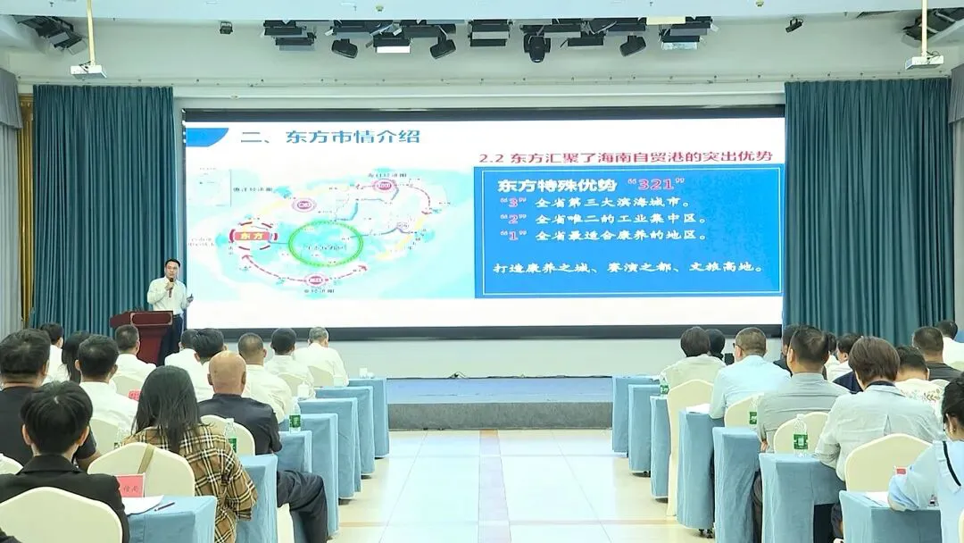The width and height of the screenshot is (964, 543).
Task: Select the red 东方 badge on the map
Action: tap(253, 235)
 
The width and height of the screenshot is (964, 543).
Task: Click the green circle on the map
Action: tap(325, 244)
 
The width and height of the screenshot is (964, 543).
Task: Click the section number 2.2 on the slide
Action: tap(492, 157)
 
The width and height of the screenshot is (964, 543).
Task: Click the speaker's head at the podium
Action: tap(171, 268)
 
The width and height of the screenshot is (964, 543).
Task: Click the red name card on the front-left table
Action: tap(130, 485)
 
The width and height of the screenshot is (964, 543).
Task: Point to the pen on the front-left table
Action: tap(163, 506)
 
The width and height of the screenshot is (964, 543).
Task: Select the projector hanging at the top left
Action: tap(87, 71)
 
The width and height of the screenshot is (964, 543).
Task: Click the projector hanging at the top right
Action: tap(924, 61)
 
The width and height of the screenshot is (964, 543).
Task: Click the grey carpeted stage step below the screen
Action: tap(500, 414)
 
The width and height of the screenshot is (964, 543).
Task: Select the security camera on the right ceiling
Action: tap(794, 25)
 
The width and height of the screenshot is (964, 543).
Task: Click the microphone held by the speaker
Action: tap(170, 284)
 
